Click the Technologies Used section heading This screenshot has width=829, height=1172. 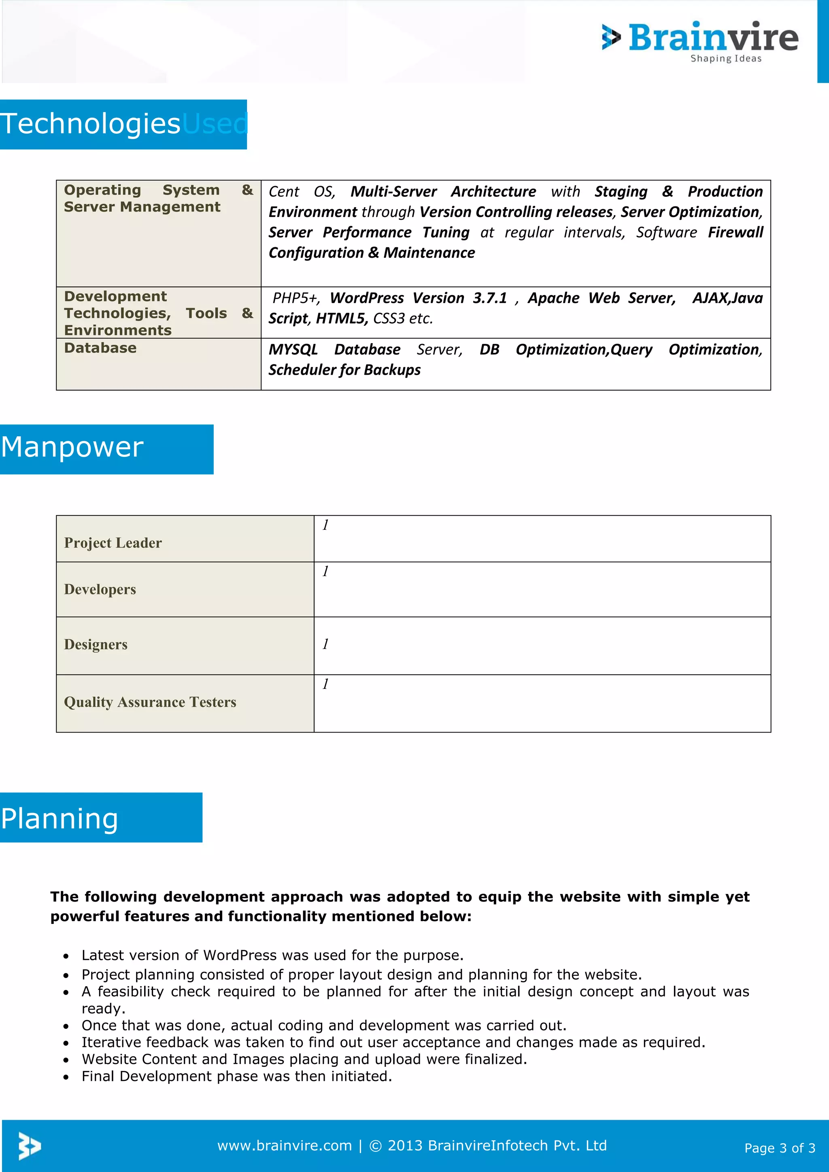point(123,124)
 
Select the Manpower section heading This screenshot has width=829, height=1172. point(72,448)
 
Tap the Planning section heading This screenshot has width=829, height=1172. point(60,819)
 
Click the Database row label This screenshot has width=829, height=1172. point(100,348)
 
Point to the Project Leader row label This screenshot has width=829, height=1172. point(113,543)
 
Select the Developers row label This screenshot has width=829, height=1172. point(100,589)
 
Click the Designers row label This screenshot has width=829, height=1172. point(96,644)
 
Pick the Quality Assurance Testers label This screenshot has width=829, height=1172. point(150,702)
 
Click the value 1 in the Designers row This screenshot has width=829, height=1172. point(325,644)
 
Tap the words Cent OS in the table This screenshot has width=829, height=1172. point(301,192)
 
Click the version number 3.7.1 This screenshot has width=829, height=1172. point(490,298)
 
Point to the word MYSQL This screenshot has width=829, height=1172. point(293,350)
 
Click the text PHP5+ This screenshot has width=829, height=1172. point(295,298)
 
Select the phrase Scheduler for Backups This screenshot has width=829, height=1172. point(344,370)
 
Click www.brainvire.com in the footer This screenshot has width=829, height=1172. point(284,1145)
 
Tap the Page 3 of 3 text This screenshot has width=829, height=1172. point(780,1148)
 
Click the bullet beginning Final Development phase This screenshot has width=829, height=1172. point(237,1076)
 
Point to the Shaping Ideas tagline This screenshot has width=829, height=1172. point(725,59)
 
